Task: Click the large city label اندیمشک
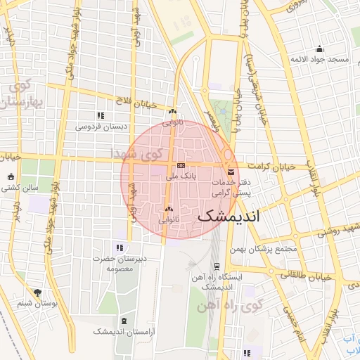tap(229, 216)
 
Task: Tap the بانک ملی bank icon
tap(181, 165)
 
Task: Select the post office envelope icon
tap(231, 172)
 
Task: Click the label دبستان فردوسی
tap(102, 127)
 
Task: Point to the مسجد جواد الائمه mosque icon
tap(320, 49)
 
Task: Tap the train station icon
tap(217, 266)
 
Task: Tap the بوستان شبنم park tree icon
tap(37, 292)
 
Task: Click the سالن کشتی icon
tap(11, 176)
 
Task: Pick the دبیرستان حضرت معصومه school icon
tap(119, 247)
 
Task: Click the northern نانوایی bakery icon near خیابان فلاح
tap(172, 111)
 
